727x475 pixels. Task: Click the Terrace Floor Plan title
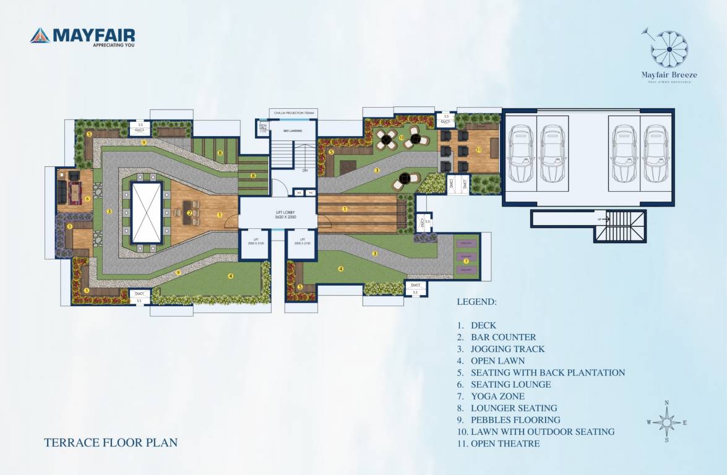111,443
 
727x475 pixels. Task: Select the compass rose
666,422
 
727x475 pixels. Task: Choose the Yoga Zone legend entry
497,396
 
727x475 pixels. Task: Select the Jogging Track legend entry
507,349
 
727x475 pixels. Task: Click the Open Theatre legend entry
505,443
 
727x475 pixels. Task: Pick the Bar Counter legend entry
503,337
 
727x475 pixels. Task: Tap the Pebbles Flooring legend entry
515,420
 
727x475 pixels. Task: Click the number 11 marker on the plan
478,150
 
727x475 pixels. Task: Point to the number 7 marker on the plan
466,261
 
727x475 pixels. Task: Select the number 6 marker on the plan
88,199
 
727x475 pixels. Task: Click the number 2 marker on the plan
189,213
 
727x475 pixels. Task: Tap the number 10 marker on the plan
402,137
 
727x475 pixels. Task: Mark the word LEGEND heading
476,302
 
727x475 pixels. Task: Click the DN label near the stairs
304,170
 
